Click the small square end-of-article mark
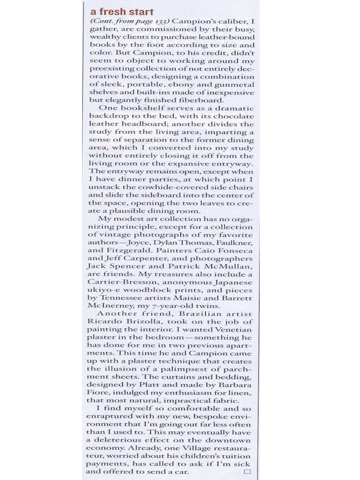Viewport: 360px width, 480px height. coord(247,472)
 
